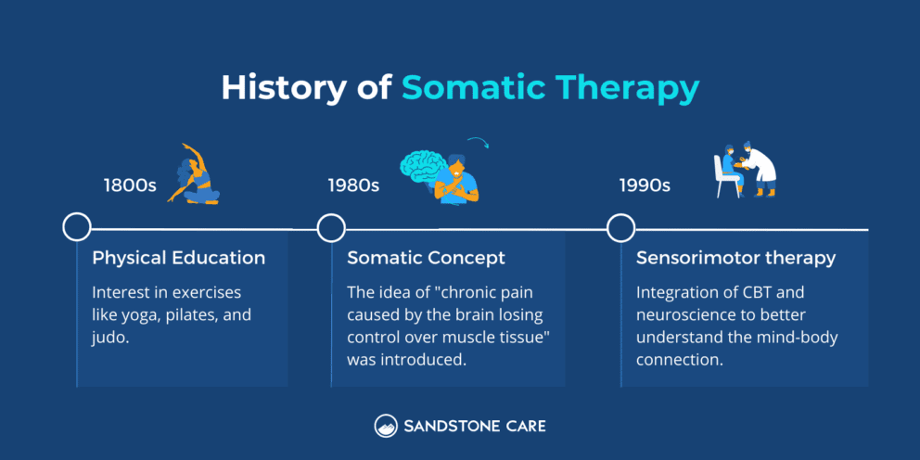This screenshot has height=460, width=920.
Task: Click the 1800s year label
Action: (x=129, y=185)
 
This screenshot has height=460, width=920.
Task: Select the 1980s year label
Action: (x=353, y=185)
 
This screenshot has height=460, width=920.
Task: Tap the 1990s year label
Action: (x=645, y=185)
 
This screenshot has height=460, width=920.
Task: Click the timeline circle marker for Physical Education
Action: (x=76, y=227)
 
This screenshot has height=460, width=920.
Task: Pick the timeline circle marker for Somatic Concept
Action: (x=331, y=227)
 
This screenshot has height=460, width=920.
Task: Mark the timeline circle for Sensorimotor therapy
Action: (x=620, y=227)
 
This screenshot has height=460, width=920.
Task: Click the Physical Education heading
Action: (x=178, y=258)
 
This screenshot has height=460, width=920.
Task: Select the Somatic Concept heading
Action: (x=427, y=258)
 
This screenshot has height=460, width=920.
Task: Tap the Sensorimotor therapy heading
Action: (x=735, y=258)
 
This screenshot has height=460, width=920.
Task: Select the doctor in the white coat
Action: (x=762, y=170)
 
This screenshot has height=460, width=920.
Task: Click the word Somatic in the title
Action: (x=473, y=88)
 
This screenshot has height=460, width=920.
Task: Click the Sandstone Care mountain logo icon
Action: (x=386, y=427)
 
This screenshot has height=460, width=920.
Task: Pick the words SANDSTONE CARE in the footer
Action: (x=474, y=427)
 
